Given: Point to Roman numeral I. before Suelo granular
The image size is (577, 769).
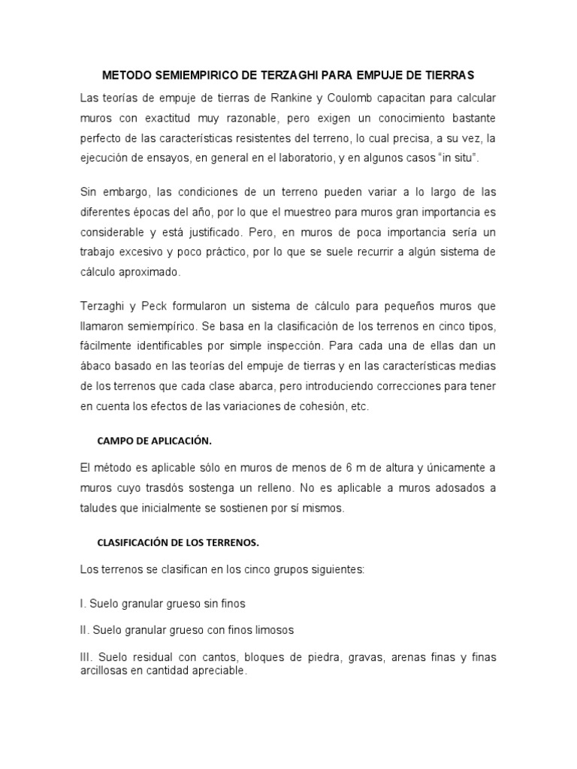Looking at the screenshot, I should [83, 603].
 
